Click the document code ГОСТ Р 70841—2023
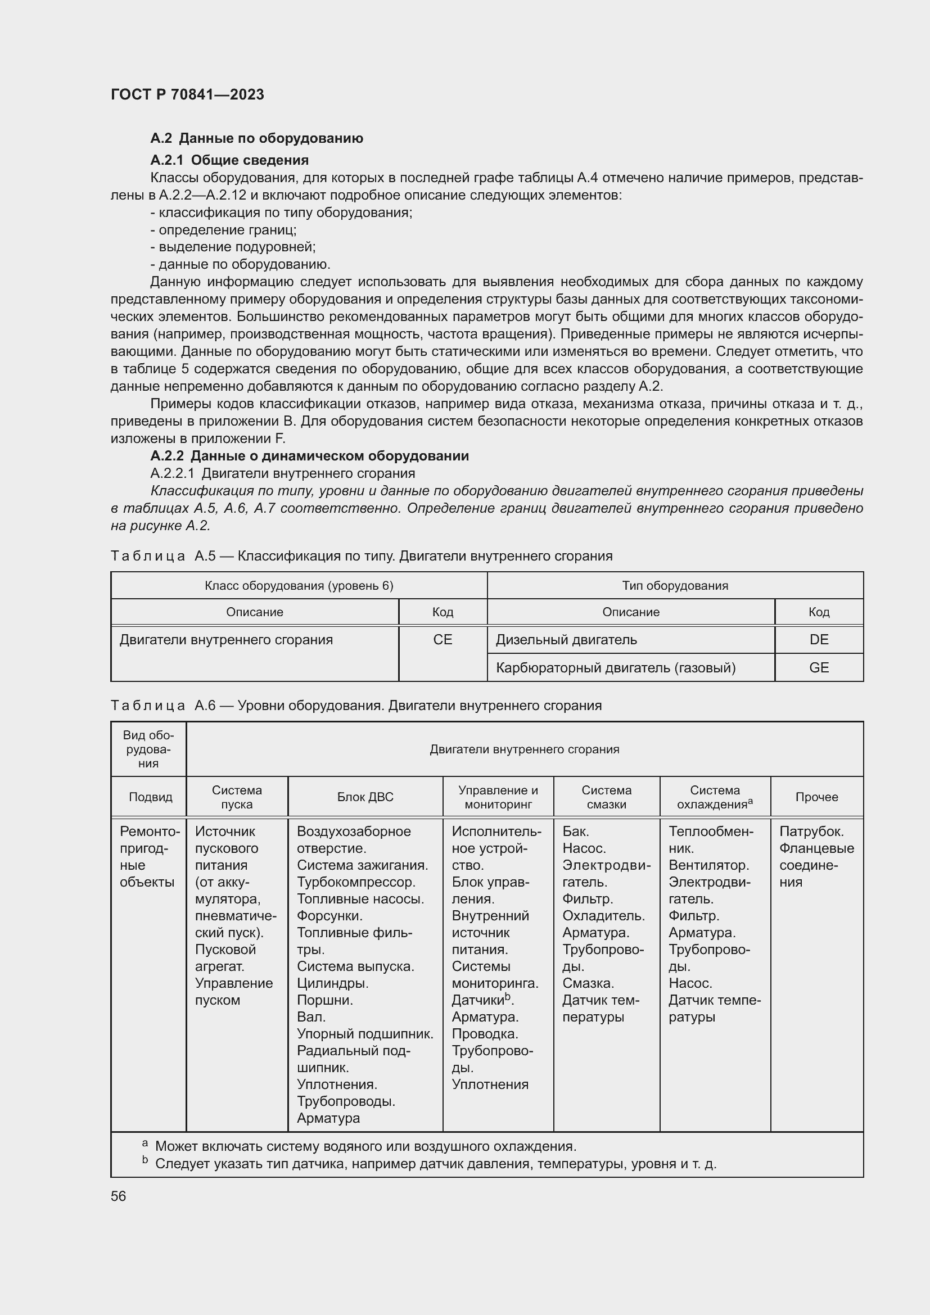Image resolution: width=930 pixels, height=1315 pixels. (x=187, y=94)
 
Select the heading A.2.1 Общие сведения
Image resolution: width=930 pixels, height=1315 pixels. (x=229, y=160)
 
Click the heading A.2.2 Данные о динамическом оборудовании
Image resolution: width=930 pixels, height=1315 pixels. (x=309, y=456)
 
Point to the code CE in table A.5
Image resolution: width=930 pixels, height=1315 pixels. (x=442, y=640)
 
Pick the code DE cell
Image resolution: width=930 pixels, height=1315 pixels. (x=818, y=640)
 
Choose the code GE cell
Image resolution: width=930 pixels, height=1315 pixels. (x=818, y=668)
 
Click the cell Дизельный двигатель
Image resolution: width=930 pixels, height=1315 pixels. (x=566, y=640)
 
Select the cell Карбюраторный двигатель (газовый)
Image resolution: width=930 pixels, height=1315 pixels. (x=615, y=668)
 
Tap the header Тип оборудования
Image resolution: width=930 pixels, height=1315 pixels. (x=675, y=585)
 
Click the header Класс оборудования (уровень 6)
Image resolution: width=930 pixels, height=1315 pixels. (x=299, y=585)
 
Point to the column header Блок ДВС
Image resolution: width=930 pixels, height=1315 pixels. (x=365, y=797)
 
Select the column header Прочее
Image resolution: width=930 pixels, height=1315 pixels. (x=816, y=797)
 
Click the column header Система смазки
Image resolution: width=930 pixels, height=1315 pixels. (x=606, y=797)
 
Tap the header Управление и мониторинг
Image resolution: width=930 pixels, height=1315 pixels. (x=498, y=797)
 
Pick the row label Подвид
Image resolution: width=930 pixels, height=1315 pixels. (x=150, y=797)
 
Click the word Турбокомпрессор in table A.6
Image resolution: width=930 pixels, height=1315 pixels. (x=355, y=882)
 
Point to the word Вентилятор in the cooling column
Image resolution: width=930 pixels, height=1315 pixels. (x=708, y=865)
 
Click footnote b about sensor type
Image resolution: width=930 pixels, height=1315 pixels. (x=435, y=1164)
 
